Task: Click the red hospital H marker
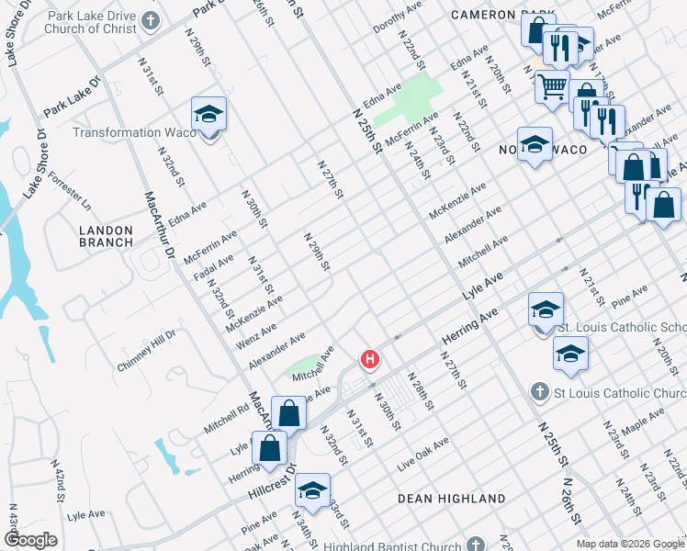(369, 359)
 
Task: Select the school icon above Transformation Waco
(208, 115)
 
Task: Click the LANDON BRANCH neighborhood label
(107, 236)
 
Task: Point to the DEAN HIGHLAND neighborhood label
(451, 498)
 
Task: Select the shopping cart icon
(551, 87)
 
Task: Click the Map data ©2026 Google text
(629, 544)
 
